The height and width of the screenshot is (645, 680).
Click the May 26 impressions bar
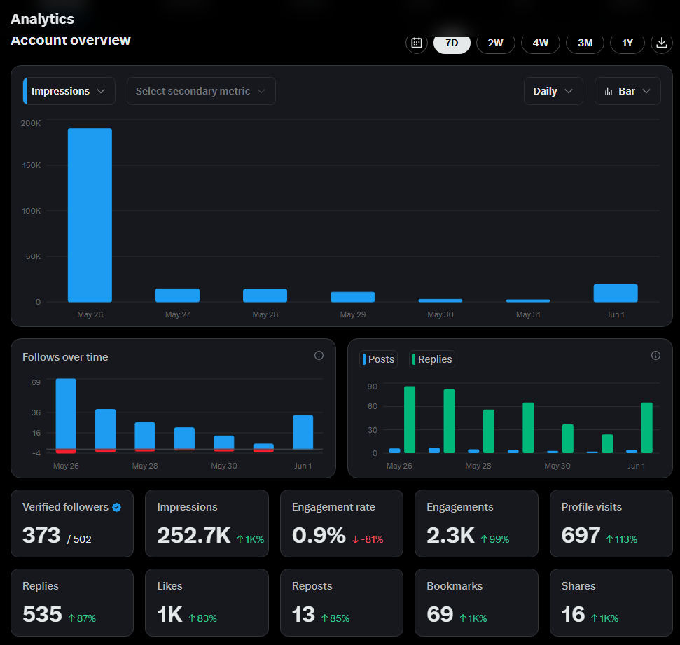pos(90,215)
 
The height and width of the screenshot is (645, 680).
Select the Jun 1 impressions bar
pos(616,293)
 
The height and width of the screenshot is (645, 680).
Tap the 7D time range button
pos(452,43)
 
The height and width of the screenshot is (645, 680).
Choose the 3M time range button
pos(585,43)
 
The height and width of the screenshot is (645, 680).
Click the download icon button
pos(662,43)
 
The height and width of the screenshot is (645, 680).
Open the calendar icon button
pos(417,43)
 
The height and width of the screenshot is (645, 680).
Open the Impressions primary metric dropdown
pos(69,91)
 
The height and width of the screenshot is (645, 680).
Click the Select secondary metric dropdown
pos(201,91)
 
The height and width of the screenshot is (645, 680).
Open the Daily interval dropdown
pos(553,91)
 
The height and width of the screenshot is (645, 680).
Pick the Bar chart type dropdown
pos(627,91)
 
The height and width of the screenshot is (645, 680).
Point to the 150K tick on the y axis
pos(32,165)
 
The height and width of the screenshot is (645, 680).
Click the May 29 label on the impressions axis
pos(352,314)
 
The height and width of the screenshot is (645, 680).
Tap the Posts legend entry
pos(378,359)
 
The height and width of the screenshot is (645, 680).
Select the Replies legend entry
pos(432,359)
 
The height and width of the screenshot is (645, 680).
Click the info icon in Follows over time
pos(319,356)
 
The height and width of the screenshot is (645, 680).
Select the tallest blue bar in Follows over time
pos(66,413)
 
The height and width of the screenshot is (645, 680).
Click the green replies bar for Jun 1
pos(646,428)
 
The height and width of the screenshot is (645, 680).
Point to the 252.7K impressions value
pos(194,535)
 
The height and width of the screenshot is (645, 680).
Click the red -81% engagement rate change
pos(368,539)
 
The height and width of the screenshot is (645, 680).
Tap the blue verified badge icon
pos(117,507)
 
